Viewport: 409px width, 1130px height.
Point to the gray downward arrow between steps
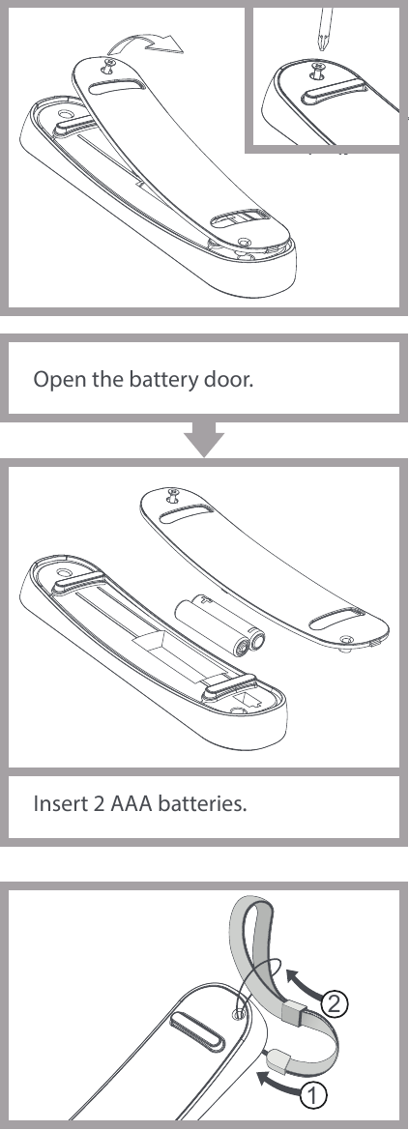[204, 439]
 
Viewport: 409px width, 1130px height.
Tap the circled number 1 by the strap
[311, 1095]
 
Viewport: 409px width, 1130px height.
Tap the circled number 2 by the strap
[334, 1004]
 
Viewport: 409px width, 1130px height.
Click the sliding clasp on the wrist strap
[294, 1015]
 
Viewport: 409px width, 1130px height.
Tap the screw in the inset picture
[316, 72]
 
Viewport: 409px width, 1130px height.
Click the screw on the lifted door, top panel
[110, 68]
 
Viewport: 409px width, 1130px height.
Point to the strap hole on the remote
[237, 1013]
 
